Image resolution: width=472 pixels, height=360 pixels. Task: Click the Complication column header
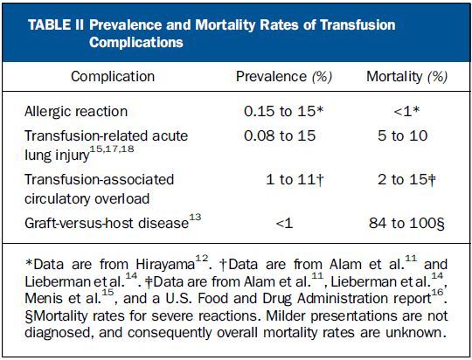click(x=113, y=77)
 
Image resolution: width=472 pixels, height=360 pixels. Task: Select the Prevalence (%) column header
click(x=284, y=77)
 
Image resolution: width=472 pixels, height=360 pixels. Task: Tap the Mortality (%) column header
click(x=406, y=77)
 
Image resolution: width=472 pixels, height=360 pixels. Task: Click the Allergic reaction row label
click(x=76, y=112)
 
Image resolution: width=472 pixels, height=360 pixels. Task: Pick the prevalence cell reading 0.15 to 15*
click(x=283, y=111)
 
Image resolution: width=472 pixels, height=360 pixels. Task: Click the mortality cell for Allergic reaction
click(x=406, y=111)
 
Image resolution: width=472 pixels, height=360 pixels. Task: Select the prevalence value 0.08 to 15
click(x=280, y=135)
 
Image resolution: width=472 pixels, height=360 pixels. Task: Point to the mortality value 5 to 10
click(x=402, y=135)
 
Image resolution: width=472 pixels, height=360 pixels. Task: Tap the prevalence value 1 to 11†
click(x=295, y=180)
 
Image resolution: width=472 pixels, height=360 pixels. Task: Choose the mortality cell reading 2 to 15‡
click(x=406, y=180)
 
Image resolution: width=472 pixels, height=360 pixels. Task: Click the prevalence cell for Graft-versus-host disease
click(x=284, y=224)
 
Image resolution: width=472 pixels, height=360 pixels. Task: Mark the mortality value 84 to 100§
click(x=406, y=224)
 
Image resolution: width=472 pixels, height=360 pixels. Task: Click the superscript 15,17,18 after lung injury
click(x=112, y=149)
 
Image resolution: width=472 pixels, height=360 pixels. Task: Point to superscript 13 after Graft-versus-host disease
click(x=195, y=217)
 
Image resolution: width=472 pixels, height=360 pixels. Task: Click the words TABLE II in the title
click(x=56, y=24)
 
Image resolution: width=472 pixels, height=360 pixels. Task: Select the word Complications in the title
click(x=136, y=43)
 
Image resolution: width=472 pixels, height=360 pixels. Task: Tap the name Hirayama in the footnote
click(x=165, y=265)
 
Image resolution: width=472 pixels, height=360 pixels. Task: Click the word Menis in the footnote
click(x=44, y=299)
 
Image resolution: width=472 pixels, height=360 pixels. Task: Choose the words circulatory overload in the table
click(x=87, y=199)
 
